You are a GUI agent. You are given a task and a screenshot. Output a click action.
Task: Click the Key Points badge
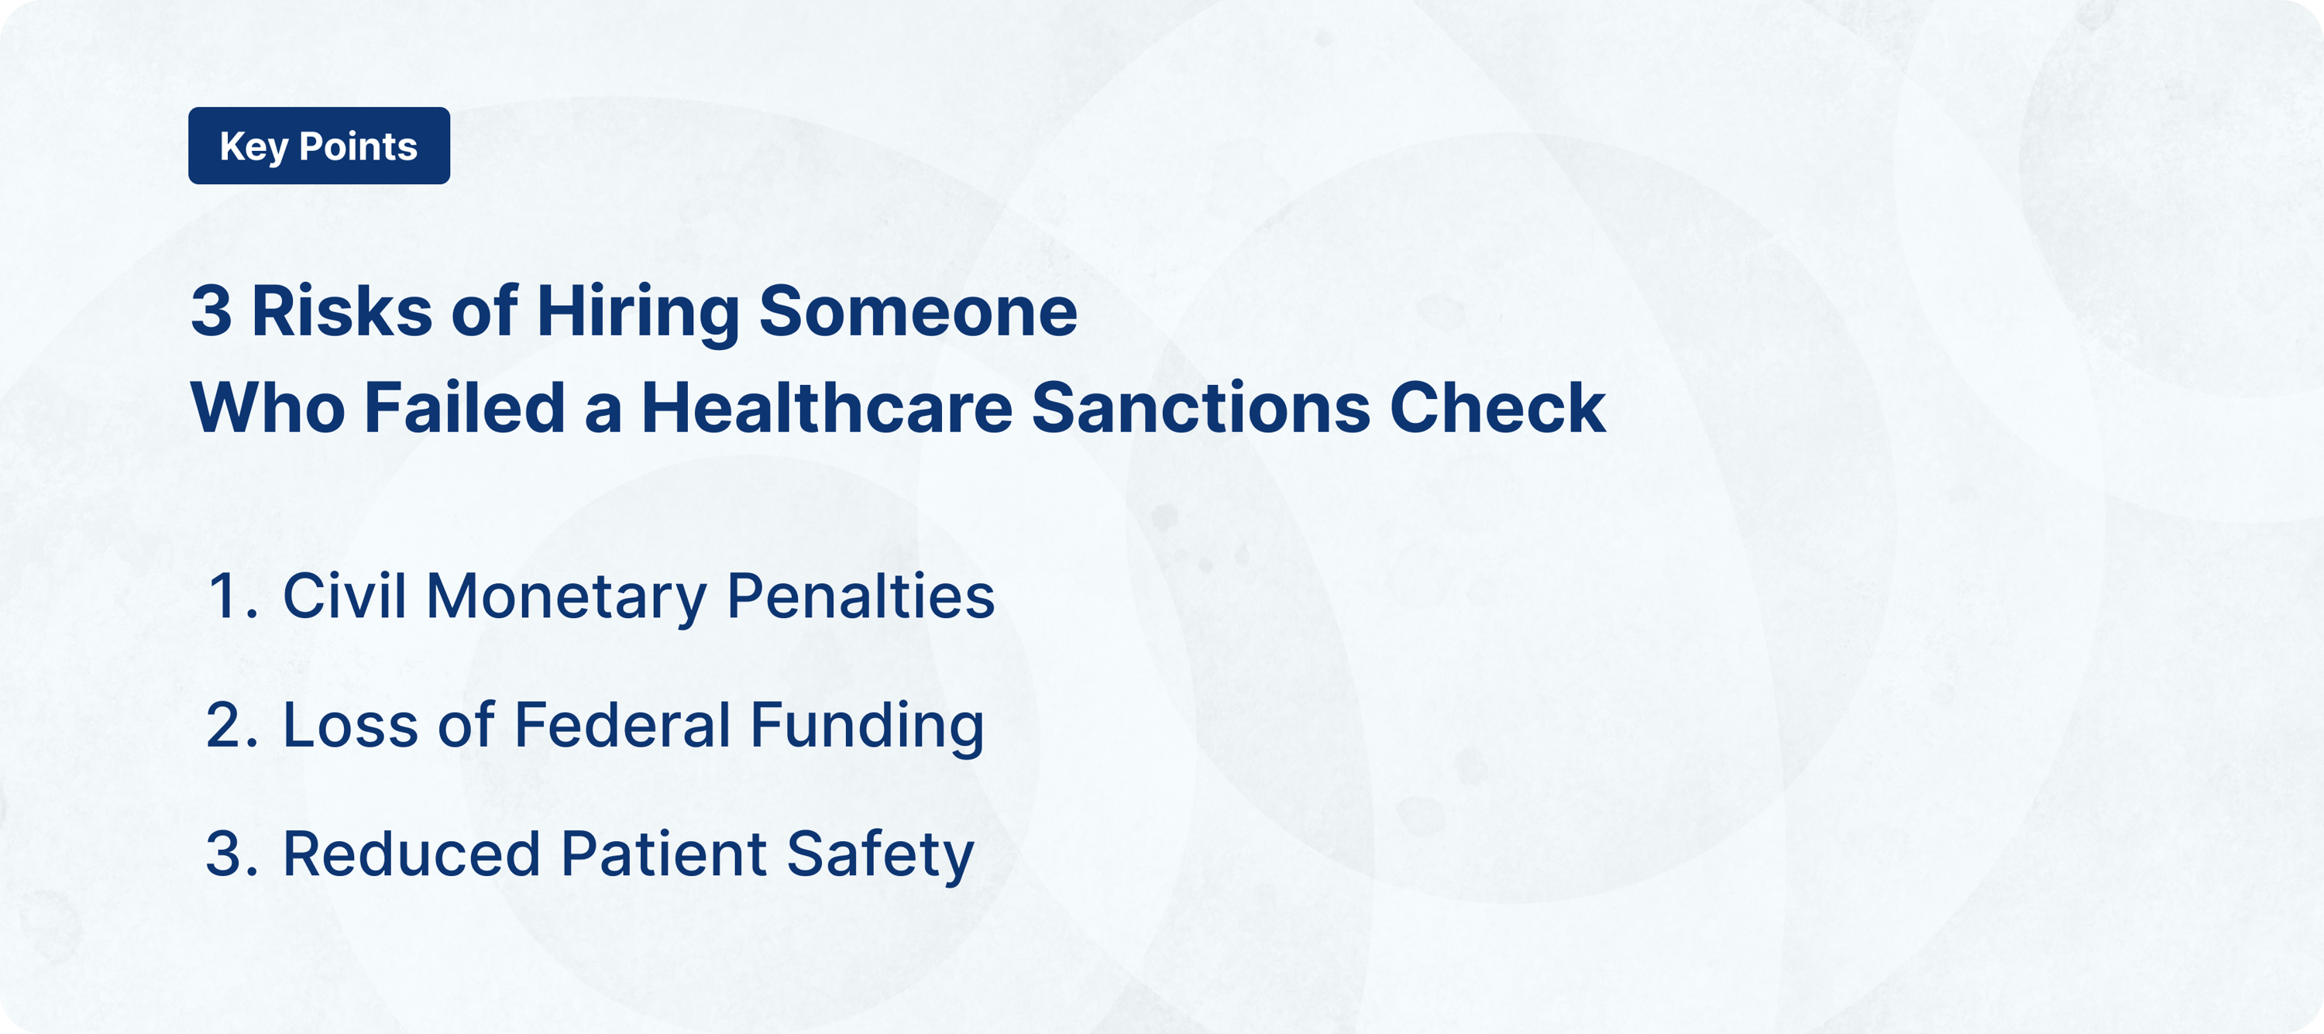click(318, 146)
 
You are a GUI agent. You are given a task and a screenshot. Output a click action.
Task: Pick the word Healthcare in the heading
click(827, 409)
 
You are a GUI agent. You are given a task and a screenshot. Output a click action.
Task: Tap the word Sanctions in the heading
click(1200, 409)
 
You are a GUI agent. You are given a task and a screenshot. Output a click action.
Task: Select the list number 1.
click(229, 597)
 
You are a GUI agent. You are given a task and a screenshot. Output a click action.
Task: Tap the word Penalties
click(860, 597)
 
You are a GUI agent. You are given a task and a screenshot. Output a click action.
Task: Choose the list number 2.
click(229, 727)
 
